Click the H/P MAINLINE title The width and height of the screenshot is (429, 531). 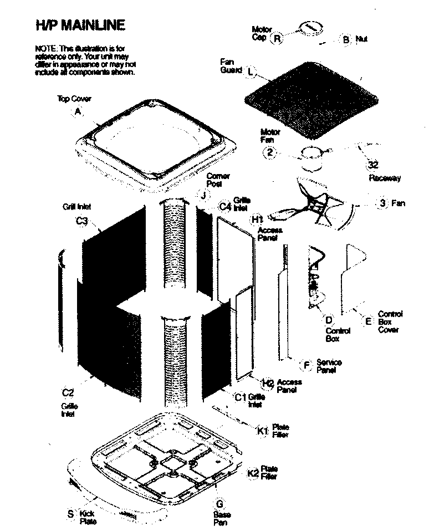click(80, 25)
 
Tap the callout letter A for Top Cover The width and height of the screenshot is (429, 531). click(78, 111)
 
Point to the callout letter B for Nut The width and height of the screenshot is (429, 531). click(346, 39)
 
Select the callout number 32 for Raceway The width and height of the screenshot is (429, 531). click(373, 165)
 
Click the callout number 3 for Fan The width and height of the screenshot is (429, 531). click(382, 203)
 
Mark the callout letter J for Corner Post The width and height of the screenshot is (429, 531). click(203, 196)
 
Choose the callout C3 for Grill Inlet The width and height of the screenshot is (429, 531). click(82, 221)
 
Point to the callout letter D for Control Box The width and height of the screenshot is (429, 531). click(329, 320)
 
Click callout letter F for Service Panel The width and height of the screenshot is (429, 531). click(306, 365)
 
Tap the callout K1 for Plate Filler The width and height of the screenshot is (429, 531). click(262, 431)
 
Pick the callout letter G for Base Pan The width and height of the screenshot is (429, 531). click(220, 503)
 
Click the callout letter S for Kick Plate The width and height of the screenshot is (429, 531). click(70, 514)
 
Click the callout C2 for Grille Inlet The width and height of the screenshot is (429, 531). click(68, 393)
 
